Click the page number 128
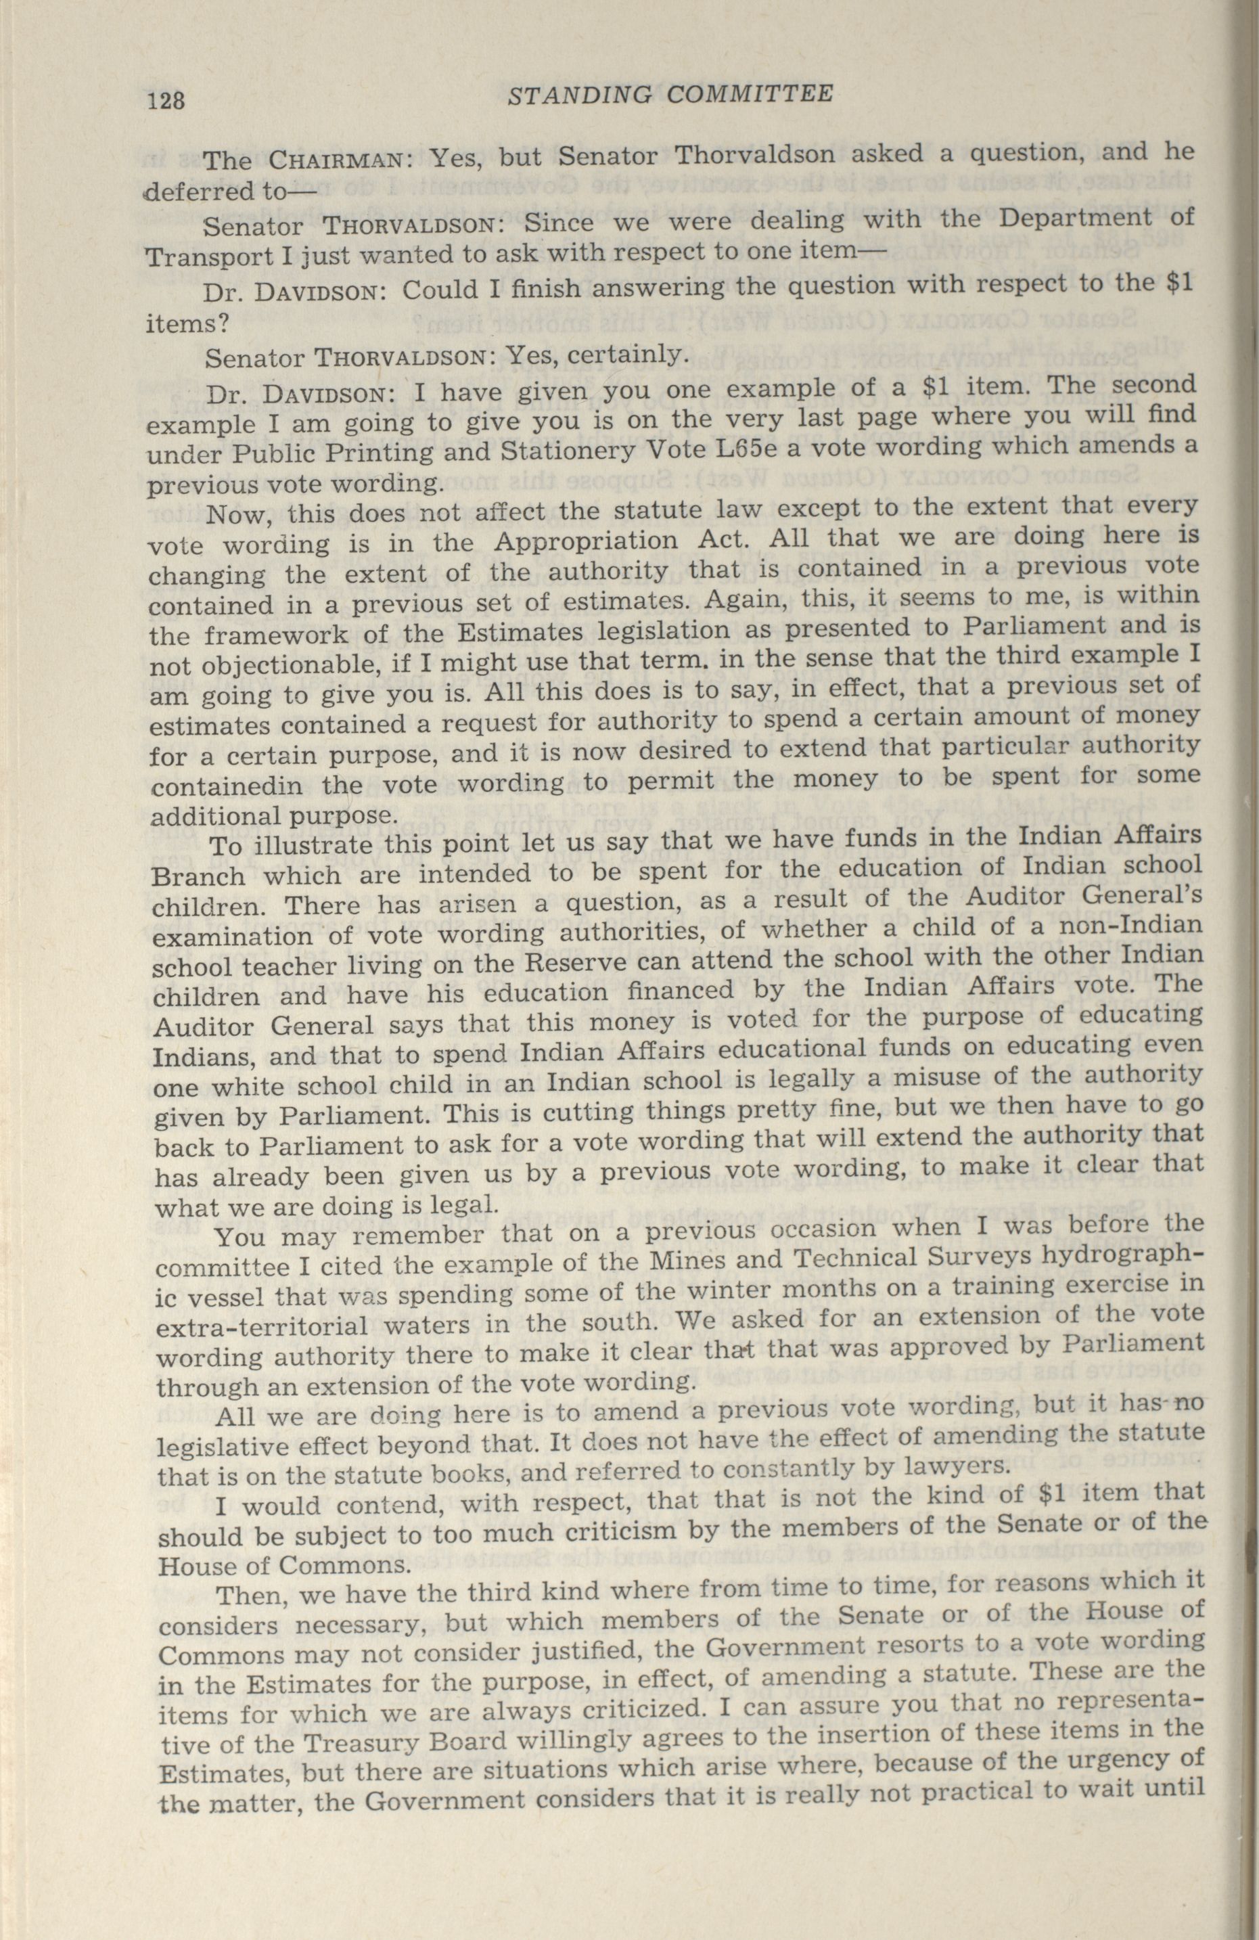[x=166, y=100]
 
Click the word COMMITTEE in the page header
[x=749, y=95]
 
